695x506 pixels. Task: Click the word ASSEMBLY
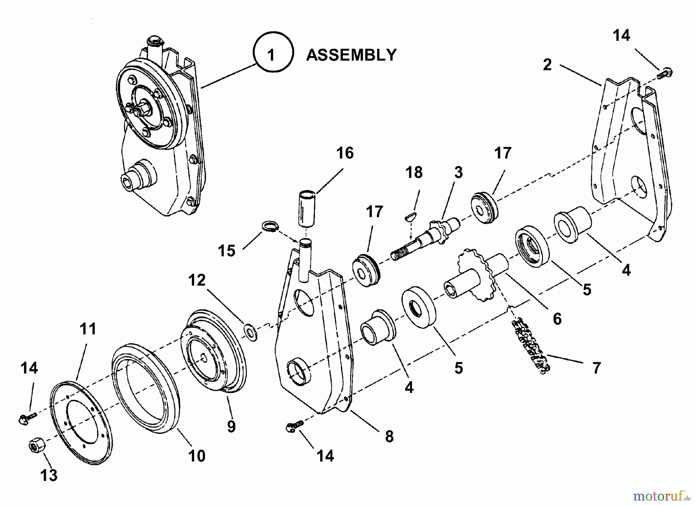[351, 55]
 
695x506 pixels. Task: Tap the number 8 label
[389, 436]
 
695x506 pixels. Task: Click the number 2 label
[547, 65]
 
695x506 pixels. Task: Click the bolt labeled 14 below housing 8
[294, 426]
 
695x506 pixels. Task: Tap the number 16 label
[345, 153]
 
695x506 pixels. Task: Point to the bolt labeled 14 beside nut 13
[27, 417]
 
